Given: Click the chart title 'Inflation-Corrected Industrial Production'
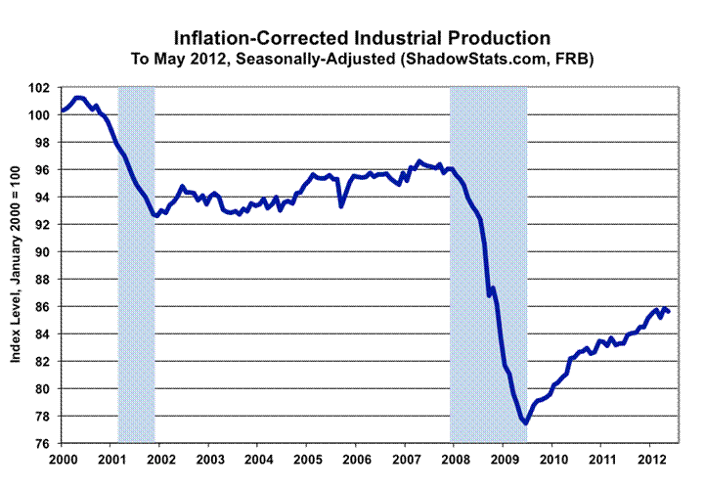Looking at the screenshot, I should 362,38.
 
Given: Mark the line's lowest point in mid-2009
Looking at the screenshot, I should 525,422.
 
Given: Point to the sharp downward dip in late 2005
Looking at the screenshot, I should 341,205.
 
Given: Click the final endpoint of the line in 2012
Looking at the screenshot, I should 669,312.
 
